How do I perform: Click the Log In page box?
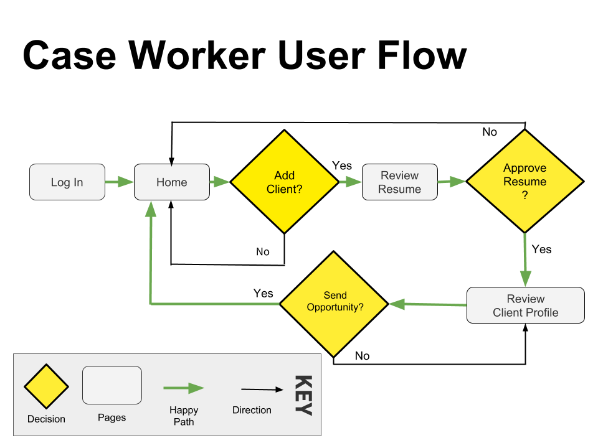point(67,182)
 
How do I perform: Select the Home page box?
point(172,182)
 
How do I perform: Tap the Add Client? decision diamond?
point(285,182)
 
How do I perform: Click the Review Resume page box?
point(400,182)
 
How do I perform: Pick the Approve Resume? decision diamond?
point(525,182)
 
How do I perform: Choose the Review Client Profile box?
point(526,306)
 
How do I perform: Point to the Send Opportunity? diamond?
point(335,304)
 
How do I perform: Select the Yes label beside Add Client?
point(342,166)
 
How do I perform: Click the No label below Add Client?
point(263,251)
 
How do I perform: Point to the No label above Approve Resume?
point(490,132)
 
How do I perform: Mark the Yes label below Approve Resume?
point(541,249)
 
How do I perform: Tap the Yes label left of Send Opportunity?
point(263,293)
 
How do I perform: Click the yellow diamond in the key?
point(46,386)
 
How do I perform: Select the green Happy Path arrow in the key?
point(184,388)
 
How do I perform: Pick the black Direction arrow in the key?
point(262,390)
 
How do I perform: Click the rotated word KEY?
point(303,395)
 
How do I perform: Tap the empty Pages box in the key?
point(112,385)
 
